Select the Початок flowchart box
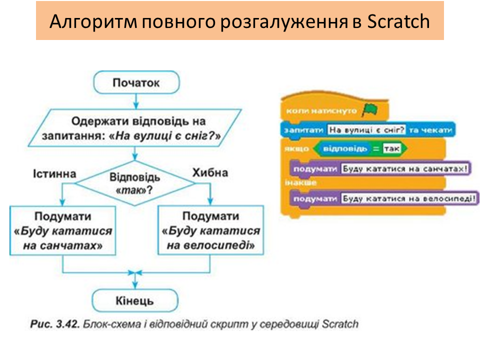pos(136,82)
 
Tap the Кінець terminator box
pos(135,301)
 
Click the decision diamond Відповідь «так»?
pos(135,183)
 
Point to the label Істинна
pos(55,173)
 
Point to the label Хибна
pos(209,173)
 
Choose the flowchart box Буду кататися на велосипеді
pos(210,231)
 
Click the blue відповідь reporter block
pos(341,149)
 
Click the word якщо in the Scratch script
pos(293,149)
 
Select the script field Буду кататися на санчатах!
pos(405,168)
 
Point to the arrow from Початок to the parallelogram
pos(135,101)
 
